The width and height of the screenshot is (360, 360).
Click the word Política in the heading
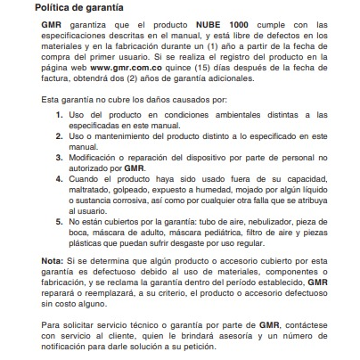(55, 9)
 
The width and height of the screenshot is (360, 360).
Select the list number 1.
(59, 116)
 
